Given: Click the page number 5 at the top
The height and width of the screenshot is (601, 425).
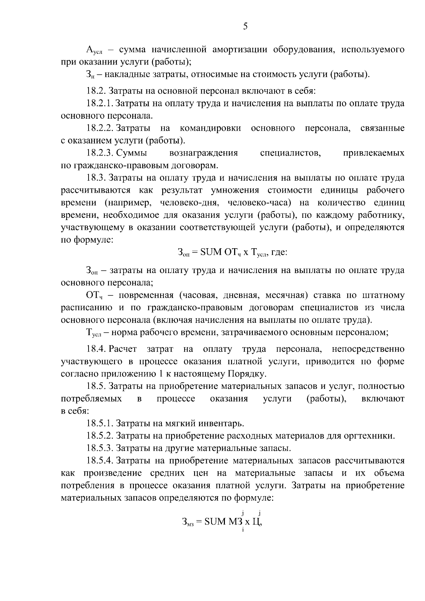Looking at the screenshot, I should [x=245, y=27].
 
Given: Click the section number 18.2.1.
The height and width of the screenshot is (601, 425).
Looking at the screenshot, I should [x=100, y=103].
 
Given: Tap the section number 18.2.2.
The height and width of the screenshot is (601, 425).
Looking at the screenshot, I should [x=100, y=128].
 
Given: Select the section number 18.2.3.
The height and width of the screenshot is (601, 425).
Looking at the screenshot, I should [x=100, y=153].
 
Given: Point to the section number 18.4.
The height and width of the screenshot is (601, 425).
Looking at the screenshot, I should [x=96, y=349].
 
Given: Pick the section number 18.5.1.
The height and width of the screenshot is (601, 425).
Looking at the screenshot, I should [x=100, y=423].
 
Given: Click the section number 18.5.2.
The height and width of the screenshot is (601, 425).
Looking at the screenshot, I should [x=100, y=436].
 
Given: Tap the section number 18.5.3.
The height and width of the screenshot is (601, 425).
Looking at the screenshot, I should [x=100, y=448].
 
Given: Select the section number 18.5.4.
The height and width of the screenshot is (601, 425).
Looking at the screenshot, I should [x=100, y=460].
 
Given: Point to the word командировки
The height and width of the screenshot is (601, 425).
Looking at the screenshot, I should [x=210, y=128].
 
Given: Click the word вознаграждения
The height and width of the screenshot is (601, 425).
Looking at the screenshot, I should [x=204, y=153].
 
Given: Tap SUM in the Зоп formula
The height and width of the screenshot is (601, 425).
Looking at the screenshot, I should [x=211, y=253].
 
